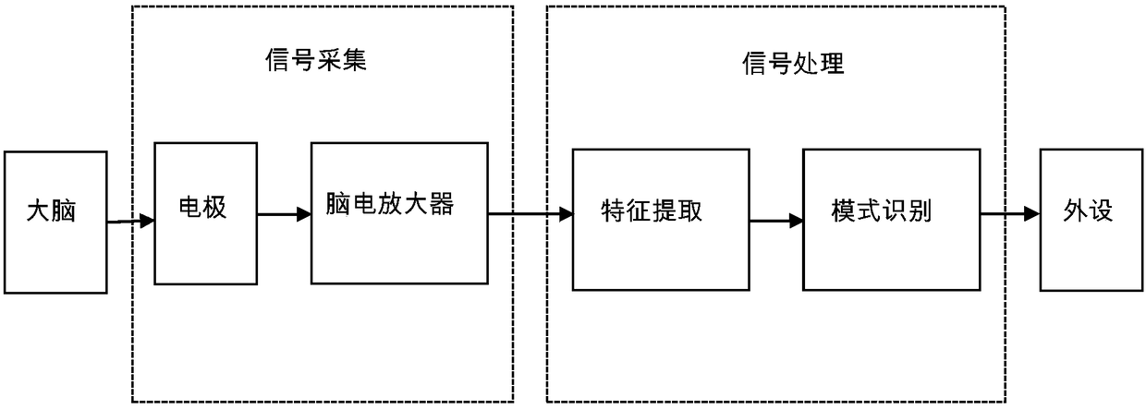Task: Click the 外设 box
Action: pos(1088,220)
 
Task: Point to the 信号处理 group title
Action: pos(794,64)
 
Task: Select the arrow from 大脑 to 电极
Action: pos(129,222)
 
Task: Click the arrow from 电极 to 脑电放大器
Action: pos(284,215)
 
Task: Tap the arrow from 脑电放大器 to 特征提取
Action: pos(530,215)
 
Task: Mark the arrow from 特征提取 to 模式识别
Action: pos(775,221)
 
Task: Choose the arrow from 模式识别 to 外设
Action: pos(1009,214)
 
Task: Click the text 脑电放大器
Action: pos(390,204)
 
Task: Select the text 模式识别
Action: pos(881,211)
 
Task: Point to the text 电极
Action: pos(202,208)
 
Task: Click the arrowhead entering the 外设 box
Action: pos(1031,214)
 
